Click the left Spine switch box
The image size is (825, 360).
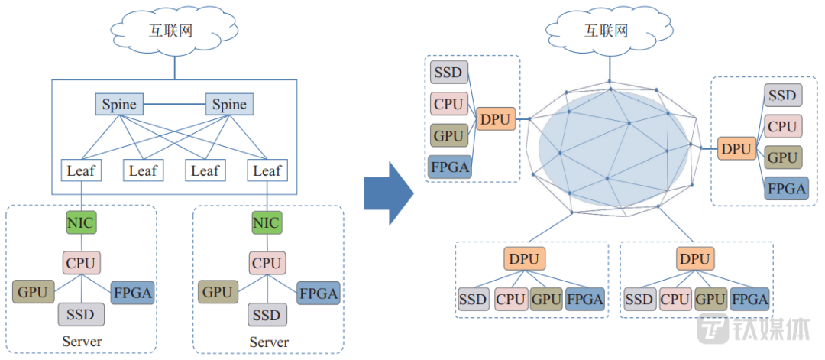tap(118, 105)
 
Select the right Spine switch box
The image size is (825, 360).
tap(229, 105)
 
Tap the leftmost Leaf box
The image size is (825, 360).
tap(80, 170)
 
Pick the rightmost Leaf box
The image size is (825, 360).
tap(267, 170)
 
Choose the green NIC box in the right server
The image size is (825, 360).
tap(267, 223)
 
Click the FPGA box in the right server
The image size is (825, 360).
tap(319, 293)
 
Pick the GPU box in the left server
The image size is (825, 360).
tap(34, 291)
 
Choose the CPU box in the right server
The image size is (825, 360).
tap(267, 264)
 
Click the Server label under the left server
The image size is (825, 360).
tap(80, 341)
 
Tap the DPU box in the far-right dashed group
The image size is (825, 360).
tap(736, 149)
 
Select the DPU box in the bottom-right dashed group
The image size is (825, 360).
tap(694, 258)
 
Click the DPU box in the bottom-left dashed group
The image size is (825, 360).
tap(523, 258)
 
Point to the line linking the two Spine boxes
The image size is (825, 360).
tap(173, 104)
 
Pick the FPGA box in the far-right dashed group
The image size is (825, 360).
tap(786, 188)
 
